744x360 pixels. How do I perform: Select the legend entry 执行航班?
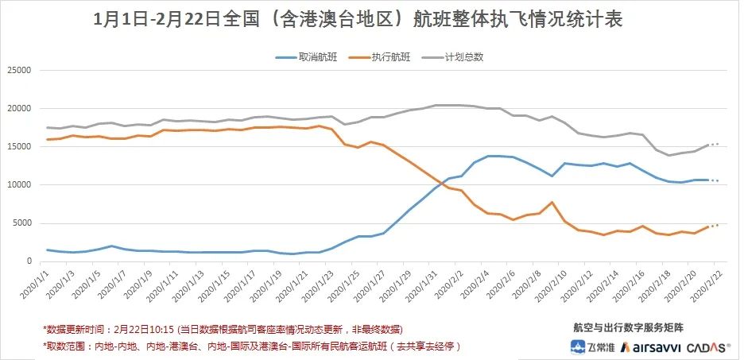pyautogui.click(x=389, y=57)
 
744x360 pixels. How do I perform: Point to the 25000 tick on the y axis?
pyautogui.click(x=18, y=71)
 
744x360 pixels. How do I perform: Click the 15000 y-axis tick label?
pyautogui.click(x=18, y=147)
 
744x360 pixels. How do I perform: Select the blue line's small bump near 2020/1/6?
pyautogui.click(x=112, y=246)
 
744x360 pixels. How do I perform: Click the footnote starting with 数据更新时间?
pyautogui.click(x=223, y=329)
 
